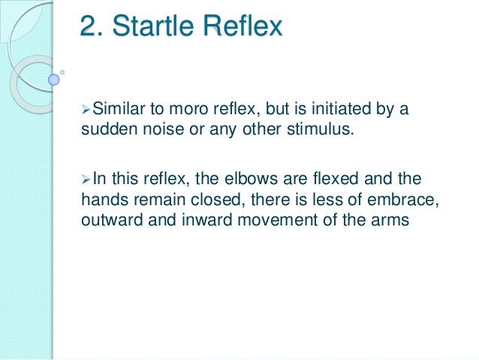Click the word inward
197,219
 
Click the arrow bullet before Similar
86,110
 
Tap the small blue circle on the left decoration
53,78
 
